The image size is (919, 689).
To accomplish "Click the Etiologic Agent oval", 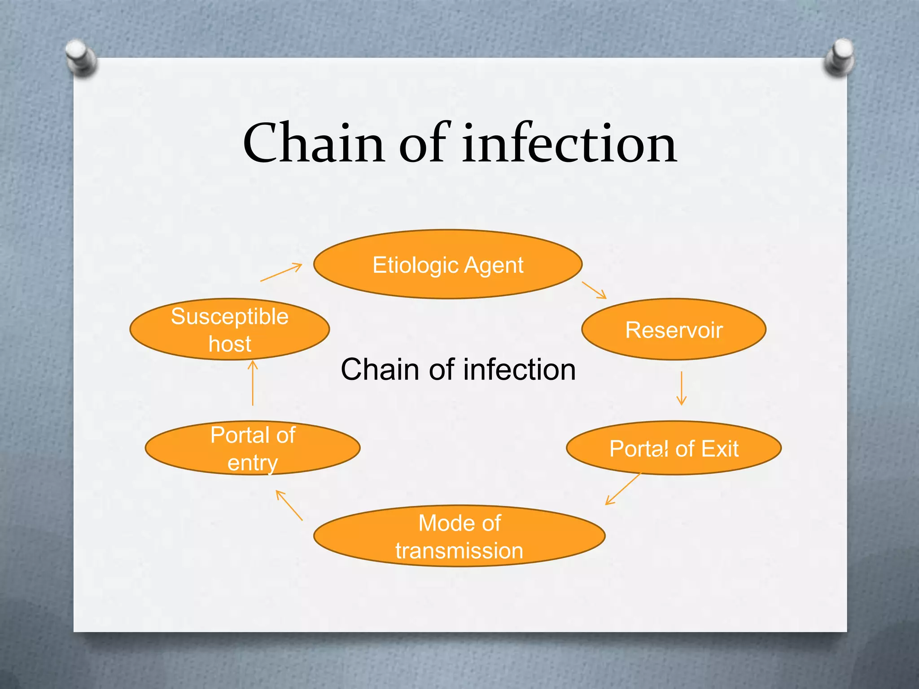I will [x=448, y=265].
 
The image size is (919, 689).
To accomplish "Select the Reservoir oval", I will [x=674, y=330].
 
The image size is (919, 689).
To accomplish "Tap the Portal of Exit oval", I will [x=674, y=448].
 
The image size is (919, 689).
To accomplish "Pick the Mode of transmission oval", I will [x=459, y=536].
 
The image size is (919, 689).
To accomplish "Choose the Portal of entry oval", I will [x=253, y=448].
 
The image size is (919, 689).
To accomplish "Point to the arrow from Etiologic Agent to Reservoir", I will [x=594, y=290].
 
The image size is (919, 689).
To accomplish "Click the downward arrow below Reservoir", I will [x=681, y=388].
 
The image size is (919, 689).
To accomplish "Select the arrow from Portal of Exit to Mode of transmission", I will [x=623, y=489].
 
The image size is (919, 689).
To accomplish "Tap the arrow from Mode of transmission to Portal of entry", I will [x=289, y=506].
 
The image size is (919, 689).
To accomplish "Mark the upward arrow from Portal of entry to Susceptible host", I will [x=253, y=384].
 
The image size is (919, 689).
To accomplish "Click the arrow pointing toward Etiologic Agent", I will [x=281, y=273].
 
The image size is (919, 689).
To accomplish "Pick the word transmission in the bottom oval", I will [x=459, y=550].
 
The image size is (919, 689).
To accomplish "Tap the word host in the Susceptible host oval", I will [x=230, y=344].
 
